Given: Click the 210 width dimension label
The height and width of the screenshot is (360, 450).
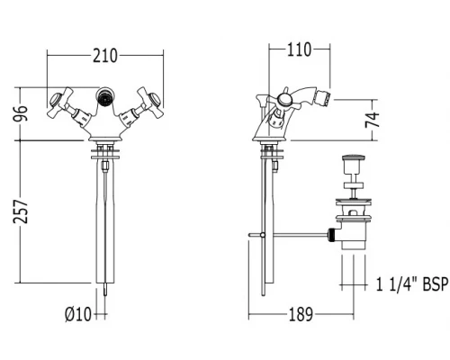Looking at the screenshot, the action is point(104,56).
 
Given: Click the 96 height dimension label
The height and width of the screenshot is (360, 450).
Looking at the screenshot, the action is point(21,113).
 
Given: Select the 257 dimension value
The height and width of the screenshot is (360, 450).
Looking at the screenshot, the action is point(21,211).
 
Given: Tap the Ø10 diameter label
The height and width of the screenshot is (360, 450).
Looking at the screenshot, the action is point(78,315).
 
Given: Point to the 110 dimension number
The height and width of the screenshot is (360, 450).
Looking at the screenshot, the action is point(299,49).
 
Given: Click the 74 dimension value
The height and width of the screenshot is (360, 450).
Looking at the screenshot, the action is point(373,120).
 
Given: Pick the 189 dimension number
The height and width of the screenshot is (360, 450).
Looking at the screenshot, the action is point(301,314).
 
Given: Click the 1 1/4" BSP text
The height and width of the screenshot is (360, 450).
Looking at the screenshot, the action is point(412,284).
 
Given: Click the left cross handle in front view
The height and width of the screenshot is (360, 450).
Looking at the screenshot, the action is point(60,103).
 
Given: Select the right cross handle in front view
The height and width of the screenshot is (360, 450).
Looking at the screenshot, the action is point(149,103).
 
